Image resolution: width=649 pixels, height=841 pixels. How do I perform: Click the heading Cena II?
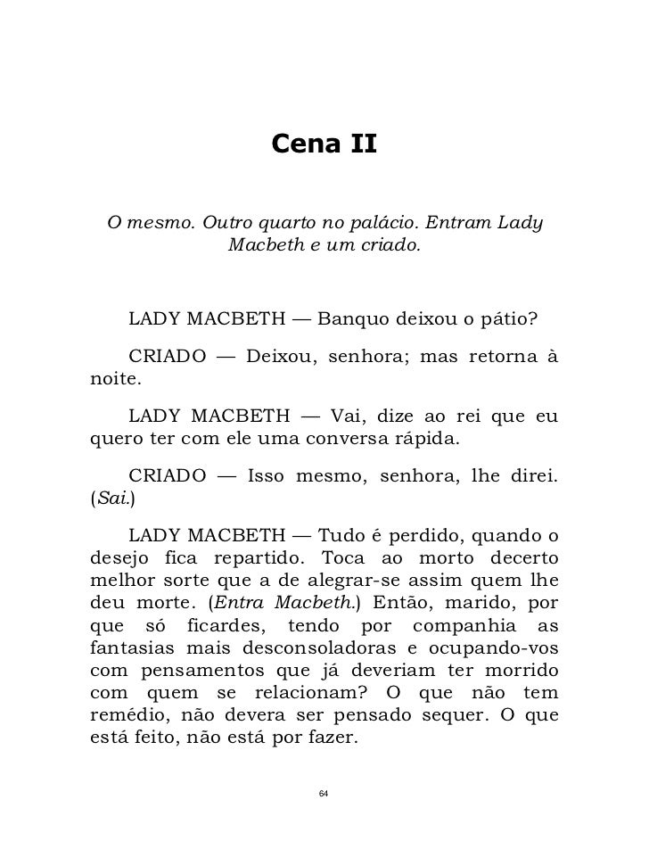324,143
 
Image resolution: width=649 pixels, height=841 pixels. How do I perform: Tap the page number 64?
324,794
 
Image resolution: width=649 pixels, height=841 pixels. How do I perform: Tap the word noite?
112,379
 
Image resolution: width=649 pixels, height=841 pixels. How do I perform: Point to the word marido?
487,599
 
